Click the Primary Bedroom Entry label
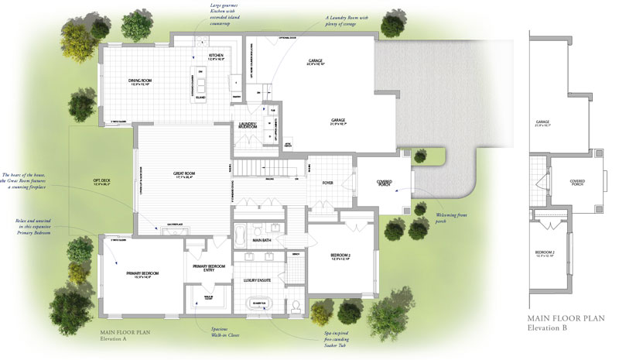pos(208,268)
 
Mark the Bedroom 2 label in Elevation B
pos(550,255)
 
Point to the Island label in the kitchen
pos(200,87)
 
